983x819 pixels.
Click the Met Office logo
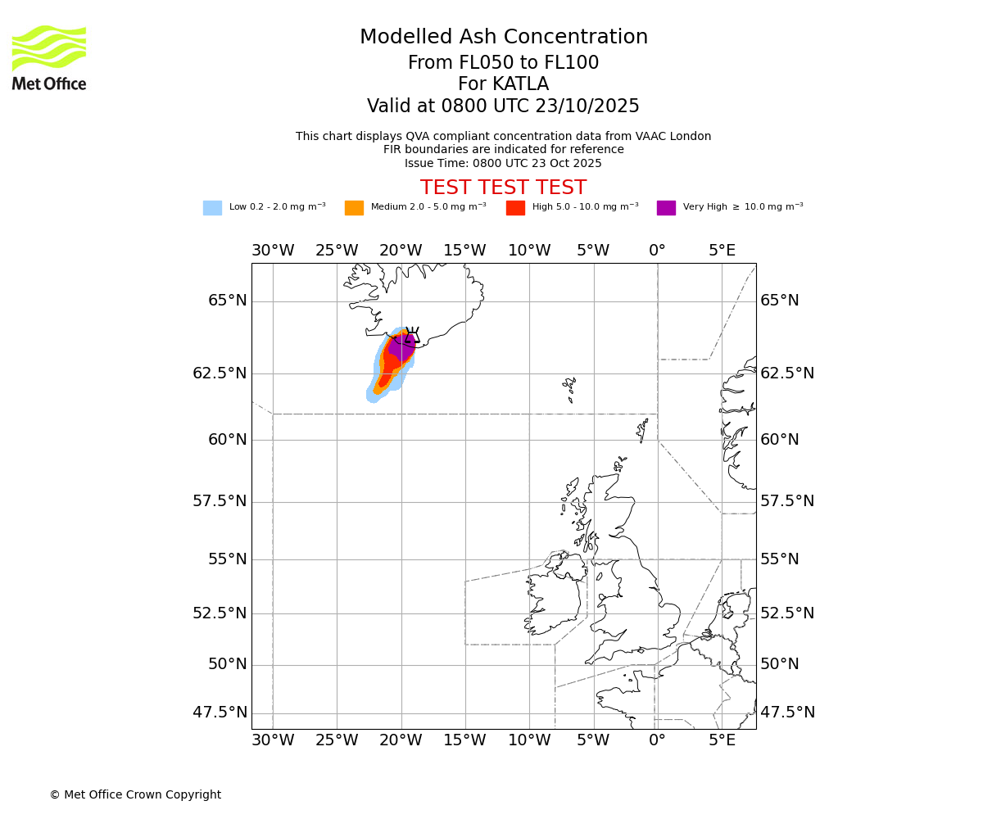pyautogui.click(x=49, y=57)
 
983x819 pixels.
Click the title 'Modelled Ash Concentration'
pyautogui.click(x=503, y=38)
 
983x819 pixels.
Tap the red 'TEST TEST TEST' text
pyautogui.click(x=503, y=188)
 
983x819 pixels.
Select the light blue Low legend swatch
pyautogui.click(x=212, y=208)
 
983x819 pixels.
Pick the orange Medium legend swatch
pyautogui.click(x=354, y=208)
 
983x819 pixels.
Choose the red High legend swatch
pyautogui.click(x=515, y=208)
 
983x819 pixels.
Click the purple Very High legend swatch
pyautogui.click(x=666, y=208)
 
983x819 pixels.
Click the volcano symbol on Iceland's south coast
pyautogui.click(x=412, y=335)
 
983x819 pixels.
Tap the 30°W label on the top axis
pyautogui.click(x=273, y=250)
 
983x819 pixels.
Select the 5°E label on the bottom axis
pyautogui.click(x=722, y=741)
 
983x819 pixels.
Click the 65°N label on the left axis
pyautogui.click(x=227, y=301)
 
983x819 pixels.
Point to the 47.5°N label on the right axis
pyautogui.click(x=787, y=713)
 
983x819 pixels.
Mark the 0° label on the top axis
pyautogui.click(x=657, y=250)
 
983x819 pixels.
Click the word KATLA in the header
pyautogui.click(x=520, y=84)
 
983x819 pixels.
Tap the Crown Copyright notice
pyautogui.click(x=135, y=795)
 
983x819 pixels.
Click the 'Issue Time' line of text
pyautogui.click(x=503, y=164)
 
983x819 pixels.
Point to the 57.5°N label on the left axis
pyautogui.click(x=220, y=501)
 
